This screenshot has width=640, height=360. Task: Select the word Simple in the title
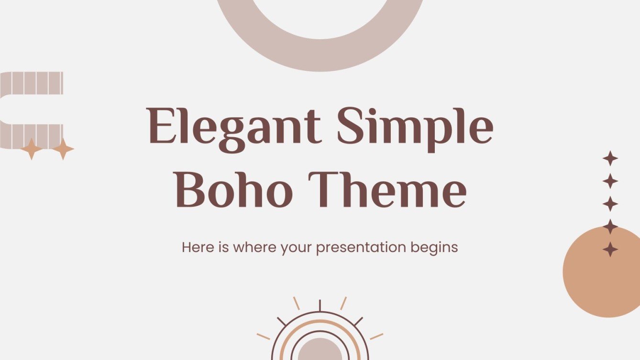[x=415, y=127]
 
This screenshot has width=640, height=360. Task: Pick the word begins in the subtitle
[x=435, y=248]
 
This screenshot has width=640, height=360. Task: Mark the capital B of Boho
[x=191, y=190]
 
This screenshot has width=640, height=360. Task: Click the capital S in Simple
[x=352, y=127]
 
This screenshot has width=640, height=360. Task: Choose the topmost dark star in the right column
[x=610, y=158]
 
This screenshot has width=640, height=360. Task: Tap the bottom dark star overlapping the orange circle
[x=610, y=249]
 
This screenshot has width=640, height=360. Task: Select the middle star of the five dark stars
[x=610, y=204]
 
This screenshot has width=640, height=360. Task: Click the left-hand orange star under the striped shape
[x=32, y=149]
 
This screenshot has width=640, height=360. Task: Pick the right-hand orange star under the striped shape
[x=63, y=149]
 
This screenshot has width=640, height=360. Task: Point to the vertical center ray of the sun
[x=320, y=305]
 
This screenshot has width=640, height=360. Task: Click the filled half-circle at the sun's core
[x=320, y=350]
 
